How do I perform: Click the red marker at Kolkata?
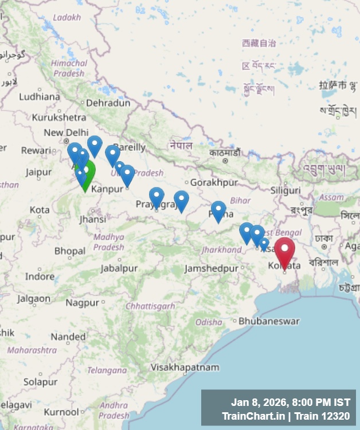pyautogui.click(x=284, y=250)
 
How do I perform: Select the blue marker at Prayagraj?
pyautogui.click(x=156, y=197)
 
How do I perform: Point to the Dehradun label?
pyautogui.click(x=108, y=103)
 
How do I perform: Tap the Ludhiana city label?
pyautogui.click(x=39, y=96)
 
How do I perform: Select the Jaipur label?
pyautogui.click(x=38, y=171)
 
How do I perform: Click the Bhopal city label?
pyautogui.click(x=69, y=251)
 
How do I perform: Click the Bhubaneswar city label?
pyautogui.click(x=269, y=321)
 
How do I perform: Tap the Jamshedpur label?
pyautogui.click(x=212, y=268)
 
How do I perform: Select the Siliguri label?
pyautogui.click(x=285, y=190)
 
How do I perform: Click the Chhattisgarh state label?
pyautogui.click(x=151, y=306)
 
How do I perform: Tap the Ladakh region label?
pyautogui.click(x=66, y=17)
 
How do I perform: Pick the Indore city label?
pyautogui.click(x=40, y=276)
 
